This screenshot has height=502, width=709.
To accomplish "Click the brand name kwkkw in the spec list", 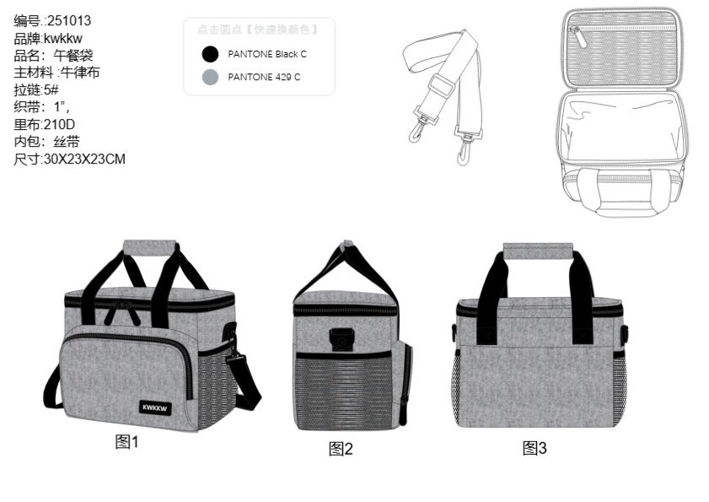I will [63, 39].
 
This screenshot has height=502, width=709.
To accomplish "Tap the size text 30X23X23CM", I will [84, 158].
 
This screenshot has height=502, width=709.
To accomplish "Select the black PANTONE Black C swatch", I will [210, 55].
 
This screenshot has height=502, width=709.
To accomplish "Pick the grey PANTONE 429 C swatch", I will [210, 78].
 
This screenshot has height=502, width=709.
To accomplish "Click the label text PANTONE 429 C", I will [264, 78].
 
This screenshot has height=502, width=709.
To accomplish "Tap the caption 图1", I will [126, 441].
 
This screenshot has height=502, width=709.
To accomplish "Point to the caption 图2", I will [341, 448].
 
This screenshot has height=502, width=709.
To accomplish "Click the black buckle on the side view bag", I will [341, 340].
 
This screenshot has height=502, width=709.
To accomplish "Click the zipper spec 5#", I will [51, 89].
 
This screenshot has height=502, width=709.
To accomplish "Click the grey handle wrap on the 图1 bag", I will [149, 246].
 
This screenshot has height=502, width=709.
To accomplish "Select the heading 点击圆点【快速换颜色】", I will [258, 30].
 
